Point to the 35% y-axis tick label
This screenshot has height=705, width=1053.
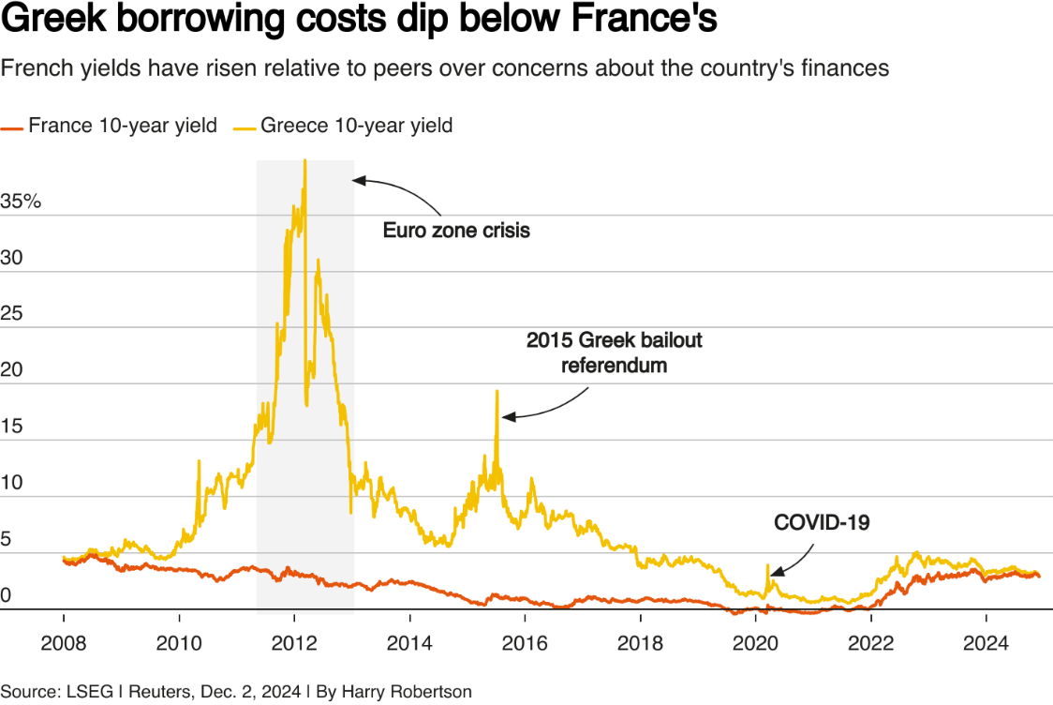(x=22, y=202)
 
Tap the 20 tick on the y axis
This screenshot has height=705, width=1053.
(x=11, y=370)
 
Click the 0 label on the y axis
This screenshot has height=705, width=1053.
(x=7, y=595)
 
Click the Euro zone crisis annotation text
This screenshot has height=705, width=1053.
(x=456, y=230)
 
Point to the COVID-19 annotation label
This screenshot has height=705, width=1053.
(x=822, y=523)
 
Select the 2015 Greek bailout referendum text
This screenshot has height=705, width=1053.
(x=614, y=352)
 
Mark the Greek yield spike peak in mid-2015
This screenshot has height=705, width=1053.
(x=497, y=391)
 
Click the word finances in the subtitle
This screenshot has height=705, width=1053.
(x=849, y=67)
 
